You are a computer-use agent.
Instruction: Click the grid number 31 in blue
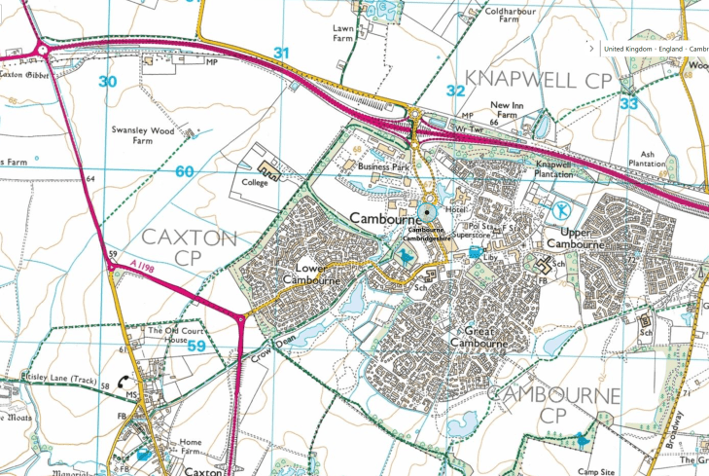pos(281,53)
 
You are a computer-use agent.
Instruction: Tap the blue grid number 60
pos(185,171)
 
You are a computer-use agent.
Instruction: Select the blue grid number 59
pos(195,346)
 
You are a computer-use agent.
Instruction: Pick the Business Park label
pos(384,167)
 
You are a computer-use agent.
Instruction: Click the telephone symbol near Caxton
pos(126,384)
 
